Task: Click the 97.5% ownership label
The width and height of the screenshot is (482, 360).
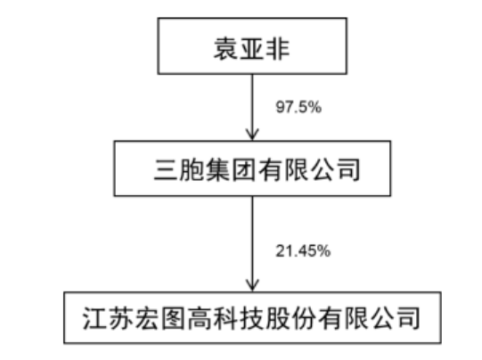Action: click(298, 107)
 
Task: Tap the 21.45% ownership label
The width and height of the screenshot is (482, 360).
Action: click(303, 251)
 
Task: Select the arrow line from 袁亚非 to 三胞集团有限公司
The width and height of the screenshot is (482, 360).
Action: click(252, 107)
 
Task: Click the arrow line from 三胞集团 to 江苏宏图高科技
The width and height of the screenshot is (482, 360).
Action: click(252, 243)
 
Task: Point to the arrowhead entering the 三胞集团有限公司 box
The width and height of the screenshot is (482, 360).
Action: click(252, 135)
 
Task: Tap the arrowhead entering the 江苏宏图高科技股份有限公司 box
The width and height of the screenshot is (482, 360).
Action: click(252, 285)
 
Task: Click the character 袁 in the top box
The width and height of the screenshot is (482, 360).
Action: click(226, 49)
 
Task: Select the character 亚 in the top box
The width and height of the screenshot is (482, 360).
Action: click(252, 49)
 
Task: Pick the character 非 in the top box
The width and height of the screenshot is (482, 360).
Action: click(278, 49)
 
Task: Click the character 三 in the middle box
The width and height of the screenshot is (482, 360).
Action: click(166, 169)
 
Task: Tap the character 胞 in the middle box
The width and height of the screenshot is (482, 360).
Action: click(192, 169)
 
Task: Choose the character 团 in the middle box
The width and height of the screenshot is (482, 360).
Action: click(244, 169)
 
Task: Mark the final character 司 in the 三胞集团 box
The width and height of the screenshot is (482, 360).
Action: click(347, 169)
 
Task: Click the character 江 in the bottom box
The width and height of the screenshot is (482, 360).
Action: click(95, 318)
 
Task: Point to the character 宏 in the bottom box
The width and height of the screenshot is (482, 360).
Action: click(147, 318)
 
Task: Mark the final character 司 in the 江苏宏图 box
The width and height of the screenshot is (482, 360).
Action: click(409, 318)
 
